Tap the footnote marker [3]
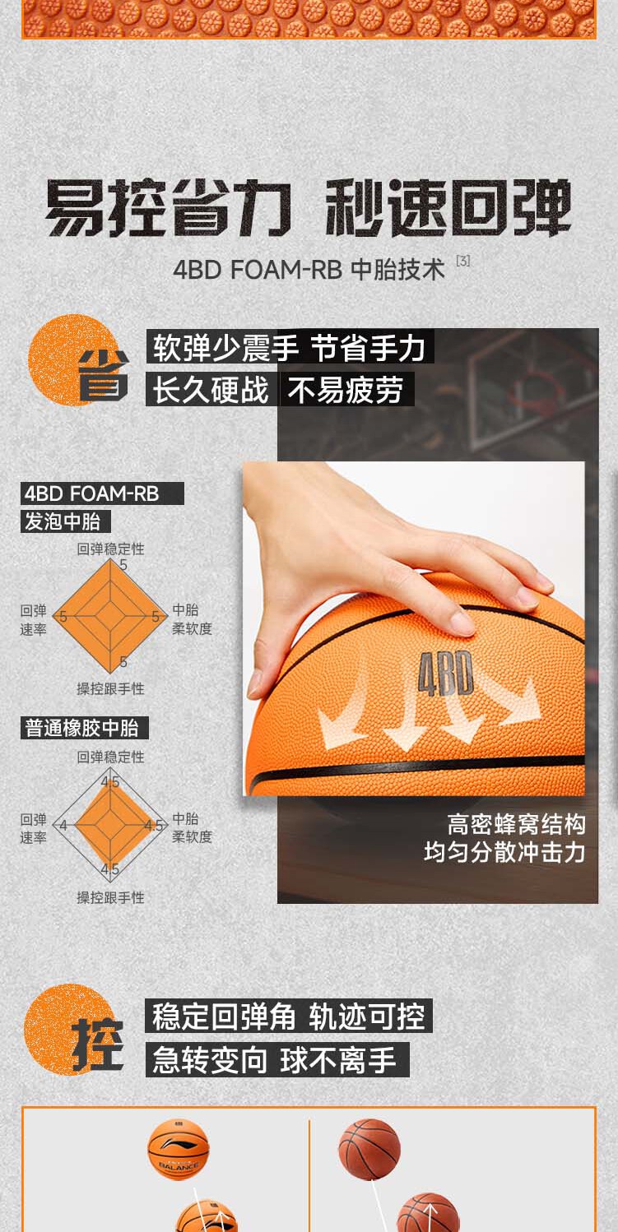point(462,262)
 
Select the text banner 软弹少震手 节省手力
point(290,348)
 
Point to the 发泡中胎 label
point(65,521)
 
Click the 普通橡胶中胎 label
point(84,728)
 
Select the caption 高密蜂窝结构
point(516,824)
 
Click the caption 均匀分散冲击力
point(504,852)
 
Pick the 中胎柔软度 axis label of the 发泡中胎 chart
point(192,619)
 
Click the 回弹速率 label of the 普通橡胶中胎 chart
point(34,828)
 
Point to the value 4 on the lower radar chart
point(63,825)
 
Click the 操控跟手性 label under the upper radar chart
point(110,689)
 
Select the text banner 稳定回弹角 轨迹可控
point(289,1017)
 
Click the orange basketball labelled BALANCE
point(179,1149)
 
